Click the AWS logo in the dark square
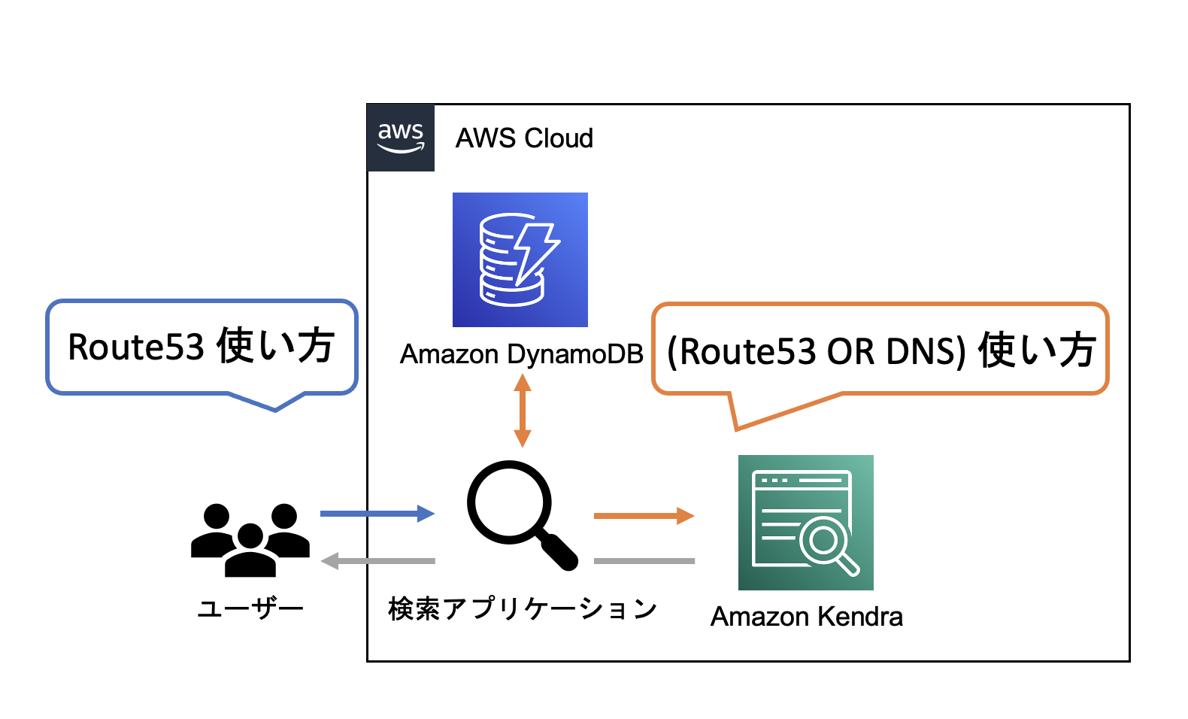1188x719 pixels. [401, 138]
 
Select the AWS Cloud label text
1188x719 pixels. [524, 138]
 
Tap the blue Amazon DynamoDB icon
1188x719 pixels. [520, 259]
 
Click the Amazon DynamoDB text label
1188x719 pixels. [521, 354]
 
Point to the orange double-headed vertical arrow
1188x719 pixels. [523, 411]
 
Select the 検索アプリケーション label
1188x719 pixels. [523, 608]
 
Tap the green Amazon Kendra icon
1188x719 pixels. [805, 522]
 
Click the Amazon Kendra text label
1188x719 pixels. [806, 617]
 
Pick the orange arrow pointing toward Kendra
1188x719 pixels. [644, 516]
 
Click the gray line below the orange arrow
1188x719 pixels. [644, 561]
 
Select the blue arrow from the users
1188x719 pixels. [377, 514]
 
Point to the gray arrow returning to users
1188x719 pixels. [378, 561]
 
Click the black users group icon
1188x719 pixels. [250, 539]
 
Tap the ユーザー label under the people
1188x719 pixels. [250, 608]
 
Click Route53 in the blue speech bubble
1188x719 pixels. [136, 347]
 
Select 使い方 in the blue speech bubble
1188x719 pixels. [275, 346]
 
